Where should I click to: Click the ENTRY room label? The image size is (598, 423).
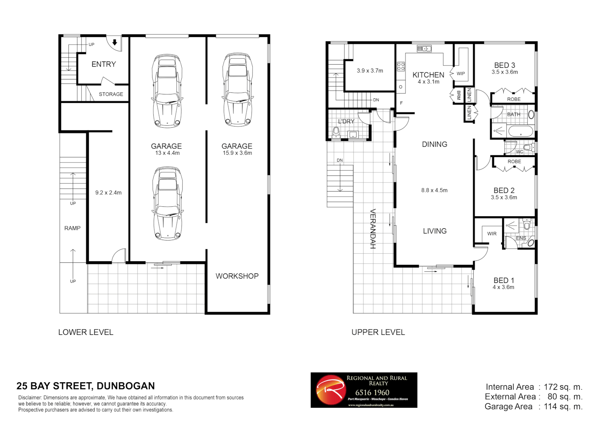click(x=104, y=64)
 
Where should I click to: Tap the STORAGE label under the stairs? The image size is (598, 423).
click(x=111, y=94)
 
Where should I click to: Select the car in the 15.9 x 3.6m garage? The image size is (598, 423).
click(x=237, y=90)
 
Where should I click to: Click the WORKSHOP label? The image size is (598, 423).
click(x=237, y=276)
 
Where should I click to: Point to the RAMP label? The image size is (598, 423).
click(x=72, y=228)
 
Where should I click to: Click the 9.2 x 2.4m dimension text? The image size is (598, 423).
click(x=108, y=193)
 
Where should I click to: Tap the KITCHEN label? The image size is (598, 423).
click(x=428, y=75)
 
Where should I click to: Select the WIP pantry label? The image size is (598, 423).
click(x=461, y=74)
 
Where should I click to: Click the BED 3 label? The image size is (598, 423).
click(x=505, y=65)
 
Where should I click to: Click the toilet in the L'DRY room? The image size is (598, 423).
click(x=336, y=132)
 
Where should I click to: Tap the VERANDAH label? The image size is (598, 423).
click(x=373, y=229)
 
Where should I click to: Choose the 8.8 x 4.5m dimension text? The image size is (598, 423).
click(x=434, y=190)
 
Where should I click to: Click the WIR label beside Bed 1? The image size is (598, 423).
click(x=492, y=234)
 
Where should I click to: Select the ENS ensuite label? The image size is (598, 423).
click(x=521, y=238)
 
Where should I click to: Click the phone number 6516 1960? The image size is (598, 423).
click(x=372, y=392)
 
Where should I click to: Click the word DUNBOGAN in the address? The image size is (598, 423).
click(x=126, y=386)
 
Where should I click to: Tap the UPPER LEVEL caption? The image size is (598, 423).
click(x=378, y=333)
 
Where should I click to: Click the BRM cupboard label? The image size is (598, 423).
click(x=459, y=95)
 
